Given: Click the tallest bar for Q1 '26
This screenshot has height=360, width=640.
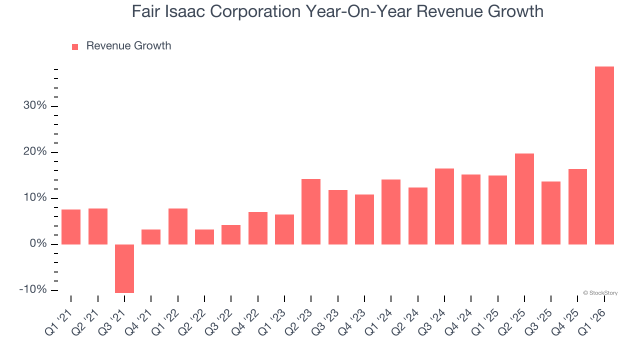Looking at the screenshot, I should [x=604, y=155].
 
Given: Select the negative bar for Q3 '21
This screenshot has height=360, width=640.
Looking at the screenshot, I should [x=124, y=268].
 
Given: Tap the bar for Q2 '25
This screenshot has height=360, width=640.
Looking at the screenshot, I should [x=524, y=199].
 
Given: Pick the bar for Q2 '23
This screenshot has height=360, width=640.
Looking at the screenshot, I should [x=311, y=211].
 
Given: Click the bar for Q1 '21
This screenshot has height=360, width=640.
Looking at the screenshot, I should [x=71, y=227].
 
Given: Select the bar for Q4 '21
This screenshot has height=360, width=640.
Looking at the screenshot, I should [x=151, y=237].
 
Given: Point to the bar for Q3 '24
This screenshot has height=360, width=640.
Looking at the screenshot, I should [x=444, y=206].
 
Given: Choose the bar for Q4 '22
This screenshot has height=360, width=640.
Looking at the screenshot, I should [x=257, y=228].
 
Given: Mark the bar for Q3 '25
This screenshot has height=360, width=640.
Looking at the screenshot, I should [x=551, y=213].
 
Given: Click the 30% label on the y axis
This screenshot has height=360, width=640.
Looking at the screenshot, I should [x=34, y=106].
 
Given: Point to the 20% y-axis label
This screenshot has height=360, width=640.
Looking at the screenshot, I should [x=34, y=152].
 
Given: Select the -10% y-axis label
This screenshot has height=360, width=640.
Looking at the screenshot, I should [x=33, y=290].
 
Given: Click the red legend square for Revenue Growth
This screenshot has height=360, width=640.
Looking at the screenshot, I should [x=75, y=46].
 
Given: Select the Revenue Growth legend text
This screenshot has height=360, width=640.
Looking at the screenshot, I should [x=128, y=46].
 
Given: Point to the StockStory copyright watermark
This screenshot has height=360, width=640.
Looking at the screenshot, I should [x=600, y=293].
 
